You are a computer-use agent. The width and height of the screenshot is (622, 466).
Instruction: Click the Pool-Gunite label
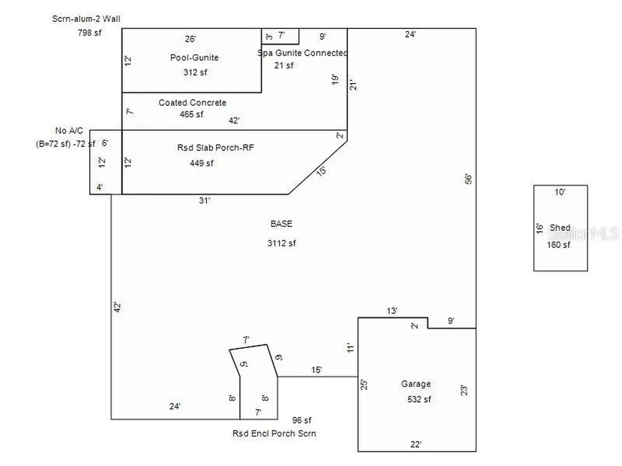194,58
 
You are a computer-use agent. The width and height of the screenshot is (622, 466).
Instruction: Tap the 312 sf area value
195,72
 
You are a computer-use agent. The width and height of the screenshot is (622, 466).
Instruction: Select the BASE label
281,223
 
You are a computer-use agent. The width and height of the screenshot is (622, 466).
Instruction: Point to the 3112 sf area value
281,243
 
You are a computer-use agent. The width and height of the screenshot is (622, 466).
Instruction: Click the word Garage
415,383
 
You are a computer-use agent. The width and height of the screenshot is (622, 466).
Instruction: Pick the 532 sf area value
419,399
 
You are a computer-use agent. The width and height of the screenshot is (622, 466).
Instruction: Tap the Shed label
559,228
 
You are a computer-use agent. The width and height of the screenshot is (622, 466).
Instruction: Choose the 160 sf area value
559,245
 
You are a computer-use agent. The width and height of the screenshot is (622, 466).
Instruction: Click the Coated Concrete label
193,102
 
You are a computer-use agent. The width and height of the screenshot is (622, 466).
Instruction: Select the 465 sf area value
191,114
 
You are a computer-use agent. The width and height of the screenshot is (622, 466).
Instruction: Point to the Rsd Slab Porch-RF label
216,147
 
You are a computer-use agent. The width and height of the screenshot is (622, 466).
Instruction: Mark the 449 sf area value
202,163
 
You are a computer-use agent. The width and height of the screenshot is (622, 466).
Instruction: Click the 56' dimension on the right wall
468,179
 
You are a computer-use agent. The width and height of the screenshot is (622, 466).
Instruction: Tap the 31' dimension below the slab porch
204,200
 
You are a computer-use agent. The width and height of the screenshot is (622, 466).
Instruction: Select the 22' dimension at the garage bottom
415,444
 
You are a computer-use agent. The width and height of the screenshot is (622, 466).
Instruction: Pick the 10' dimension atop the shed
559,192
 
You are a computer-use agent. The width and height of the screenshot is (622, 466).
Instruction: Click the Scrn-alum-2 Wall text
86,19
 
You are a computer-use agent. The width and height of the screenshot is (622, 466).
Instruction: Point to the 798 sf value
90,33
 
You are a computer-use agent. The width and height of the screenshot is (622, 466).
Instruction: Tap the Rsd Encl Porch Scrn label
274,433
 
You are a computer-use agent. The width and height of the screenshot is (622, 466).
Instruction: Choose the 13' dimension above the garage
392,311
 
